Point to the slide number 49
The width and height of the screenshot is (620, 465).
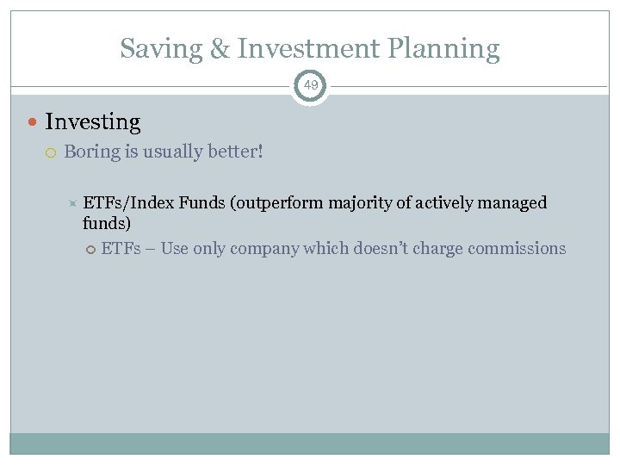310,85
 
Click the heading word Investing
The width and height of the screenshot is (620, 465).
92,122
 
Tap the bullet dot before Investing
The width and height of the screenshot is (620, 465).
34,123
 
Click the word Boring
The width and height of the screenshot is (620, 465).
92,152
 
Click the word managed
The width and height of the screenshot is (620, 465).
515,203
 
